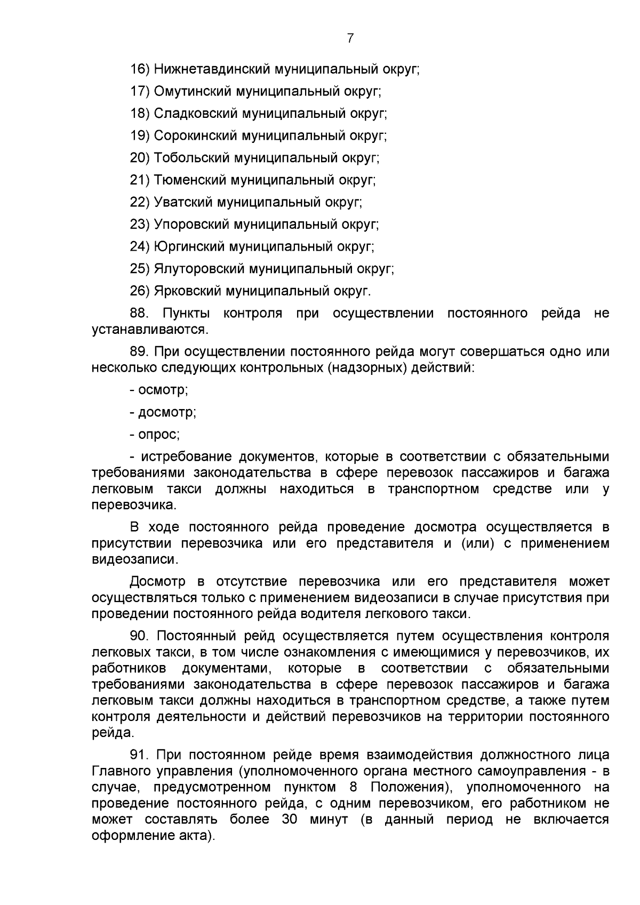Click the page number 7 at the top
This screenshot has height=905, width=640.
[x=350, y=38]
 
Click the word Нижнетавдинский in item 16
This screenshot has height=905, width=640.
[x=212, y=69]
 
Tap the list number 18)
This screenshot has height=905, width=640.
[x=140, y=114]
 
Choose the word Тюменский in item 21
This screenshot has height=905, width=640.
[x=189, y=180]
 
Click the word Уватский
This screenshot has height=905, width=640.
[x=183, y=203]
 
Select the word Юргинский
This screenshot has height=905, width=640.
[x=189, y=247]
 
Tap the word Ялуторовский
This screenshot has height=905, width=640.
[x=199, y=269]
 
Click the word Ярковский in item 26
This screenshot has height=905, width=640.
[x=187, y=291]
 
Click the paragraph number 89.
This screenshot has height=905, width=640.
[x=140, y=352]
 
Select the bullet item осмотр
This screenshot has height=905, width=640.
[x=163, y=390]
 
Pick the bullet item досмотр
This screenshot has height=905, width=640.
[x=167, y=412]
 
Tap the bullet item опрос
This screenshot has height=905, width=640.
[x=158, y=435]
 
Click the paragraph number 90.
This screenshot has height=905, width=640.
[x=140, y=636]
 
